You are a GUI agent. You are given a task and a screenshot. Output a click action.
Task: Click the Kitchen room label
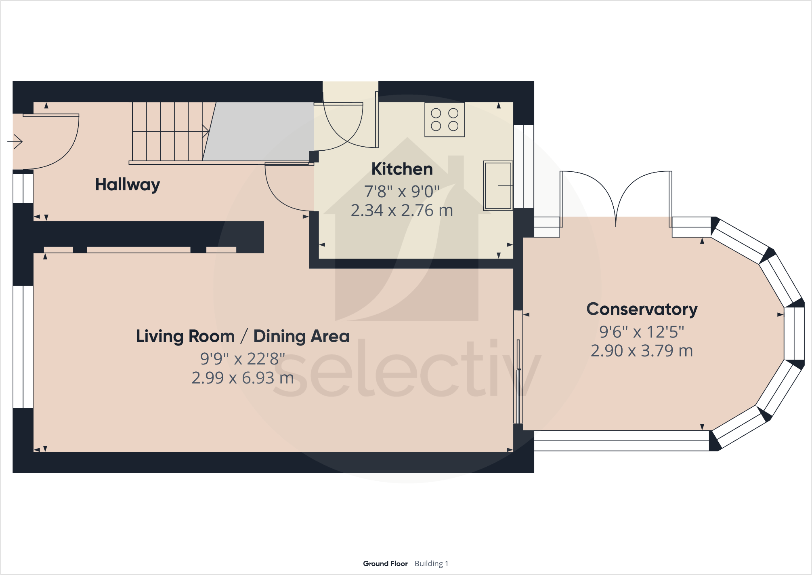click(x=402, y=169)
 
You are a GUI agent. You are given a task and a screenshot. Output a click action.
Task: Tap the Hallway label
click(x=128, y=185)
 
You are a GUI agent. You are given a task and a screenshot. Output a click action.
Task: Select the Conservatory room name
click(x=642, y=309)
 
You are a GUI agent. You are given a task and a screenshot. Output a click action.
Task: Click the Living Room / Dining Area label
click(x=242, y=336)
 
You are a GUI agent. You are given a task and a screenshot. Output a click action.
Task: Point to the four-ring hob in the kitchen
click(x=444, y=120)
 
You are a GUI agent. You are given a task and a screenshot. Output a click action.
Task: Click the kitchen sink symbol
click(x=498, y=185)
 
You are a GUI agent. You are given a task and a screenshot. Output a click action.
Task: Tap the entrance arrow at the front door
click(x=15, y=142)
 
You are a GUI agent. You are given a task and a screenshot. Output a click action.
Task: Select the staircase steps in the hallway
click(x=168, y=131)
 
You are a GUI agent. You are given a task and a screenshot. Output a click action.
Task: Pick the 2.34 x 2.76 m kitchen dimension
click(x=402, y=211)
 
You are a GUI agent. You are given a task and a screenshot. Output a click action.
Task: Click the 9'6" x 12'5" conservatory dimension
click(x=642, y=332)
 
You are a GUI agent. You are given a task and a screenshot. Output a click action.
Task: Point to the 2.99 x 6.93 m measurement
click(x=242, y=378)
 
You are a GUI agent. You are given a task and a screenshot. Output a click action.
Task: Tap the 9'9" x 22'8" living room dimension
click(x=242, y=359)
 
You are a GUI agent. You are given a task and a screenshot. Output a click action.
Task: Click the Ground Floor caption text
click(x=385, y=563)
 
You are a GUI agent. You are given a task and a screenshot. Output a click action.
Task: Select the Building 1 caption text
click(x=431, y=563)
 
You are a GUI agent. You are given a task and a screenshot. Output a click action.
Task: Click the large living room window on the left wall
click(x=23, y=347)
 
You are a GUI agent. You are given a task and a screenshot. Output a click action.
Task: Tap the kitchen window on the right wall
click(x=524, y=166)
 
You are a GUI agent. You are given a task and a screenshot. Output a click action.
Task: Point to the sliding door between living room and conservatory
click(x=518, y=367)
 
